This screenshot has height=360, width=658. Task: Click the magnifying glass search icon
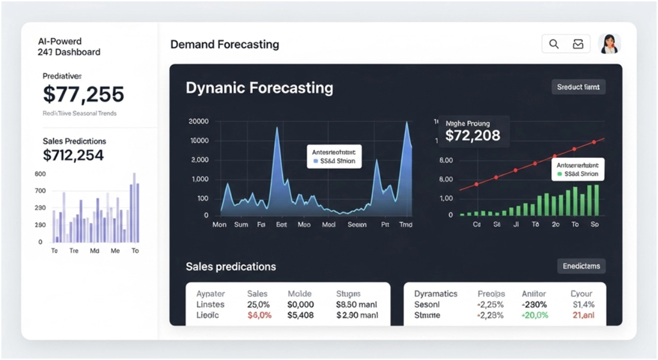pyautogui.click(x=554, y=44)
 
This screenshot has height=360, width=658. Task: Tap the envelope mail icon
pyautogui.click(x=578, y=44)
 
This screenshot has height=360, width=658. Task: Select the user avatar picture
pyautogui.click(x=609, y=44)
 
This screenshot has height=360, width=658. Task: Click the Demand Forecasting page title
pyautogui.click(x=224, y=44)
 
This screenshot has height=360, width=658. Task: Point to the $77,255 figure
pyautogui.click(x=83, y=95)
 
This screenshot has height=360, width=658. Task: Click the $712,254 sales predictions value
pyautogui.click(x=73, y=155)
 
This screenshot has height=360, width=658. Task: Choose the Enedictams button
pyautogui.click(x=581, y=266)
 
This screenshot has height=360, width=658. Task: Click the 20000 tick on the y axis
pyautogui.click(x=198, y=122)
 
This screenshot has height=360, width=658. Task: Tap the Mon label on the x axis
pyautogui.click(x=219, y=225)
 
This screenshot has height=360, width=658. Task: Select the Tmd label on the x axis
pyautogui.click(x=406, y=225)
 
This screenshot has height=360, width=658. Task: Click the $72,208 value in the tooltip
pyautogui.click(x=473, y=135)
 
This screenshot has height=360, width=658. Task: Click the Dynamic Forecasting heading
pyautogui.click(x=259, y=88)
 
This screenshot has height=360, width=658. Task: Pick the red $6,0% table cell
pyautogui.click(x=259, y=316)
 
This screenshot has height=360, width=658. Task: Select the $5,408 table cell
pyautogui.click(x=300, y=316)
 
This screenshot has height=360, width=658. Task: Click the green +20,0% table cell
pyautogui.click(x=535, y=316)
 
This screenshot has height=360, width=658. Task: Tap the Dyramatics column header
pyautogui.click(x=435, y=294)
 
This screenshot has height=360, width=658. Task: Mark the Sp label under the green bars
pyautogui.click(x=595, y=225)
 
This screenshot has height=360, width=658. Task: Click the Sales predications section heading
pyautogui.click(x=231, y=267)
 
